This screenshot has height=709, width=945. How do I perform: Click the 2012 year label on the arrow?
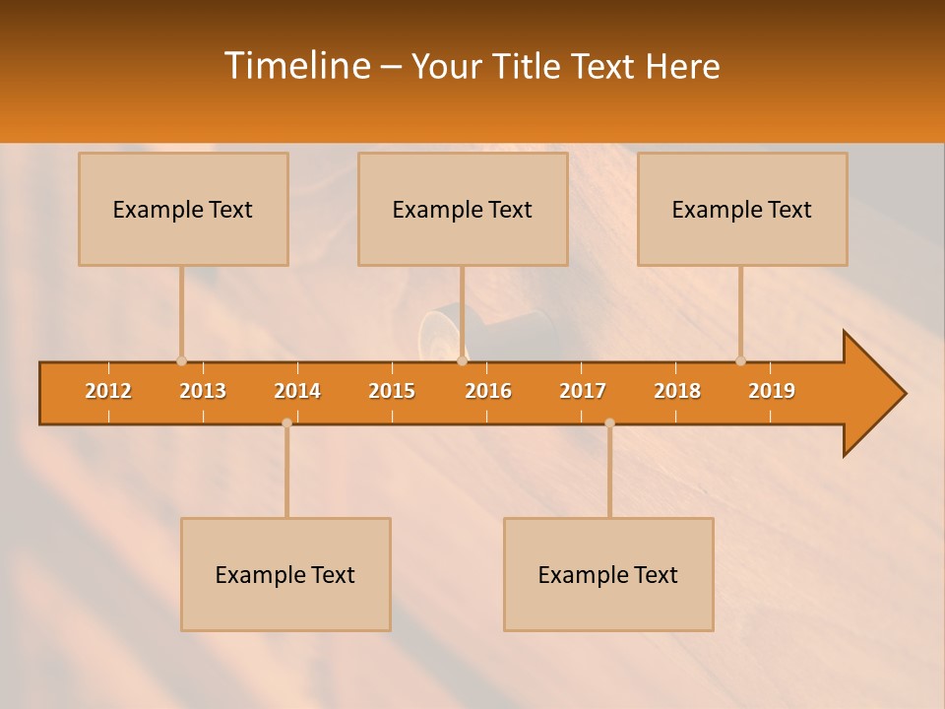[x=108, y=391]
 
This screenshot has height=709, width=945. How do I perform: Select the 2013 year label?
[x=203, y=391]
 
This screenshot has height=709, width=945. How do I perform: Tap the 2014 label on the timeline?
[x=297, y=391]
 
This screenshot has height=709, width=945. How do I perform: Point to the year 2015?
[x=392, y=391]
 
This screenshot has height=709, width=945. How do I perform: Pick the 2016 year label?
[x=488, y=391]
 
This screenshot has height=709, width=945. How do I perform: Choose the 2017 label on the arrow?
[x=583, y=391]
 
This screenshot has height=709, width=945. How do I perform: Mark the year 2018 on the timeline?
[x=677, y=391]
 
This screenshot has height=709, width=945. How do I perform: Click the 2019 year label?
[x=772, y=391]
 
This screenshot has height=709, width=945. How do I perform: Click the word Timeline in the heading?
[x=295, y=66]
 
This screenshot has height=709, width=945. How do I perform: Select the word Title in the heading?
[x=527, y=67]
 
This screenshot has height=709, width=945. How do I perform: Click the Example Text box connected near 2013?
[x=183, y=209]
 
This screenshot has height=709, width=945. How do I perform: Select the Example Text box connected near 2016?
[x=463, y=209]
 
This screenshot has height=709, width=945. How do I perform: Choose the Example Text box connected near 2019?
[x=742, y=209]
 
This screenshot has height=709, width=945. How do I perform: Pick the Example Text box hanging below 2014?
[x=285, y=574]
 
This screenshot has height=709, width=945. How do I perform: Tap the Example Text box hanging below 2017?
[x=608, y=574]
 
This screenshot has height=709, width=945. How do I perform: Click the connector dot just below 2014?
[x=286, y=423]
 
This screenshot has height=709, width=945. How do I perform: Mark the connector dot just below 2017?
[x=609, y=423]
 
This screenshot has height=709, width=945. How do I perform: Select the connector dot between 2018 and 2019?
[x=740, y=361]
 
